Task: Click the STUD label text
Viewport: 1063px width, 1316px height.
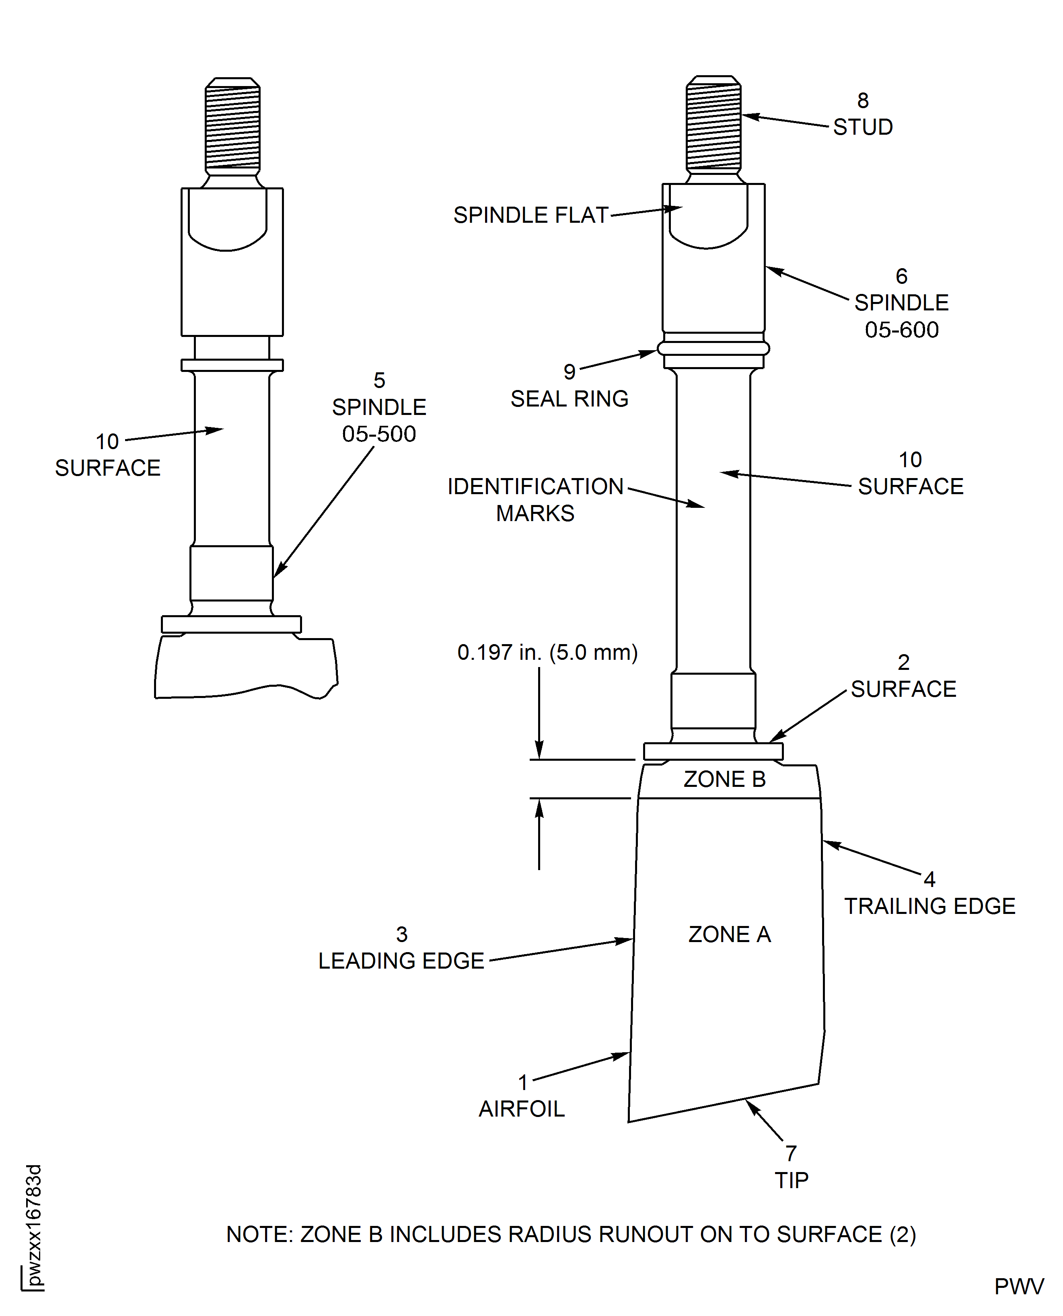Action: coord(863,127)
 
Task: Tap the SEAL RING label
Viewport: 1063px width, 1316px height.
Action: coord(570,399)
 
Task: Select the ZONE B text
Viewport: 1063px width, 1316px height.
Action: coord(724,779)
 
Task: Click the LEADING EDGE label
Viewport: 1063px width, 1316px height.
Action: coord(401,961)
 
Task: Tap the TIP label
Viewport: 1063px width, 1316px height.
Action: coord(791,1180)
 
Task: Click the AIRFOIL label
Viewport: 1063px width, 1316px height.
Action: coord(522,1109)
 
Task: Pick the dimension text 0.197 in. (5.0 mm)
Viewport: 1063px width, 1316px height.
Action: coord(547,653)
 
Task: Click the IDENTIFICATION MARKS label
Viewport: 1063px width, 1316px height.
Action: coord(535,499)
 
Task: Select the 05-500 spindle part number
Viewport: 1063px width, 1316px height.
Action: coord(379,434)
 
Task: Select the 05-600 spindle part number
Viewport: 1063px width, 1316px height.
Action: coord(901,330)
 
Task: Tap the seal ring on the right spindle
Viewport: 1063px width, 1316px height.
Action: coord(713,348)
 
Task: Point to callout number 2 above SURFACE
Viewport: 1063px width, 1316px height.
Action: coord(903,662)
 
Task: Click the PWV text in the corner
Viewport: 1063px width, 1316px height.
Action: coord(1019,1287)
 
